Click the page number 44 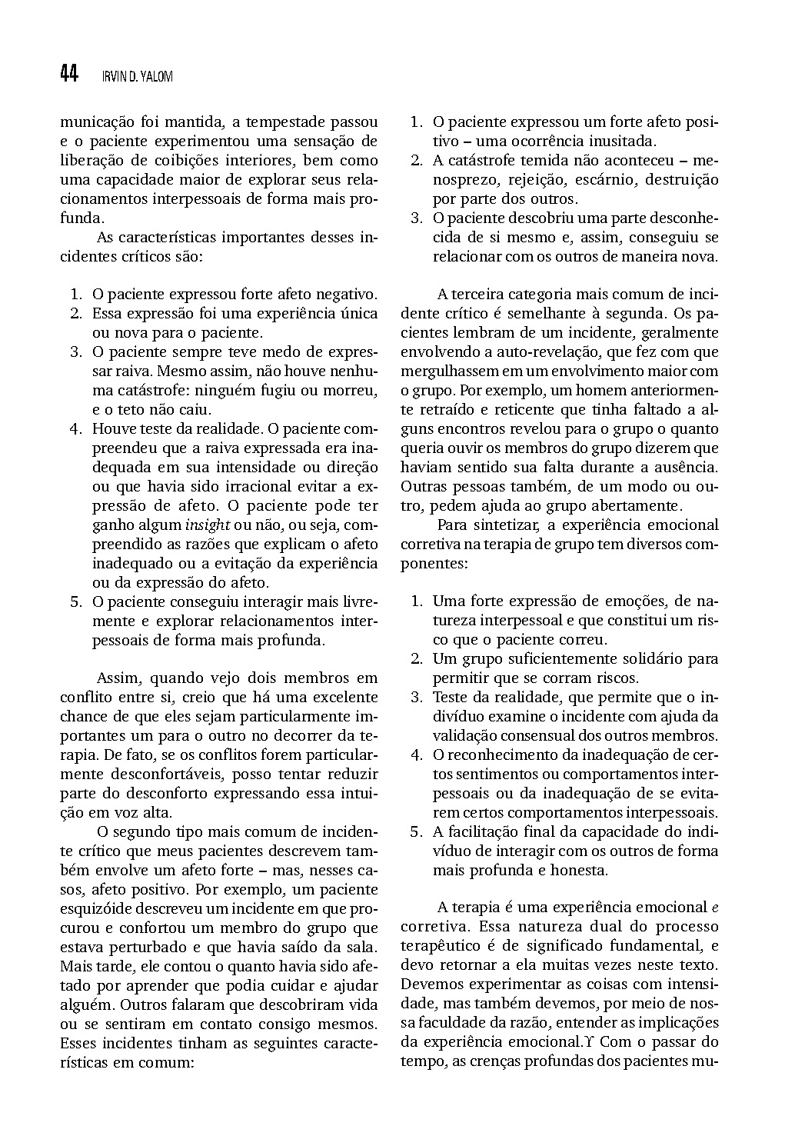point(68,74)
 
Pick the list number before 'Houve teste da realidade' point(76,429)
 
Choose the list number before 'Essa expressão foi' point(76,314)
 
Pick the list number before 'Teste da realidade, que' point(416,698)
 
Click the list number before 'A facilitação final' point(416,832)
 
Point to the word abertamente point(640,506)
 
